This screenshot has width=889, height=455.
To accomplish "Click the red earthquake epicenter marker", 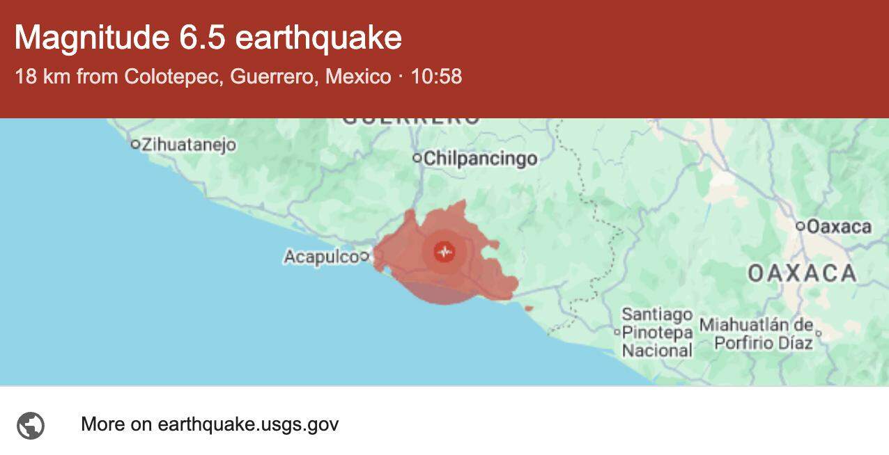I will [444, 251].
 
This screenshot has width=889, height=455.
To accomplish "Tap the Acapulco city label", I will [320, 257].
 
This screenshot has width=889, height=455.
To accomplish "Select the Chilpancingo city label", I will [480, 159].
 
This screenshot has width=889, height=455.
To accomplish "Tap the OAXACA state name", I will [802, 273].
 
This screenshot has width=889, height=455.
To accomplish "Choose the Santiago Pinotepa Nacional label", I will [657, 333].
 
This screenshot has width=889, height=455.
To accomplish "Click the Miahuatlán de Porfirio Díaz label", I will [756, 334].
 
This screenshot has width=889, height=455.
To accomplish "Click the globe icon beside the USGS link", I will [31, 425].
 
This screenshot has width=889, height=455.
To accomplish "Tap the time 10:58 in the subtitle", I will [436, 77].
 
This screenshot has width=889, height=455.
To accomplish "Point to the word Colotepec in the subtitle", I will [174, 77].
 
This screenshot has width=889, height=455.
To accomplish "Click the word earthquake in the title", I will [318, 38].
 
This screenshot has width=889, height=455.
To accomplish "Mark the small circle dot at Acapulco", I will [364, 257].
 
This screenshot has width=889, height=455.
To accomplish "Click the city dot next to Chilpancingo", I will [417, 159].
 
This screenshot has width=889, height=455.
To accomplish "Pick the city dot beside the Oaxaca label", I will [801, 226].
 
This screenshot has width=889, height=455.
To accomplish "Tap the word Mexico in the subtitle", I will [358, 77].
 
